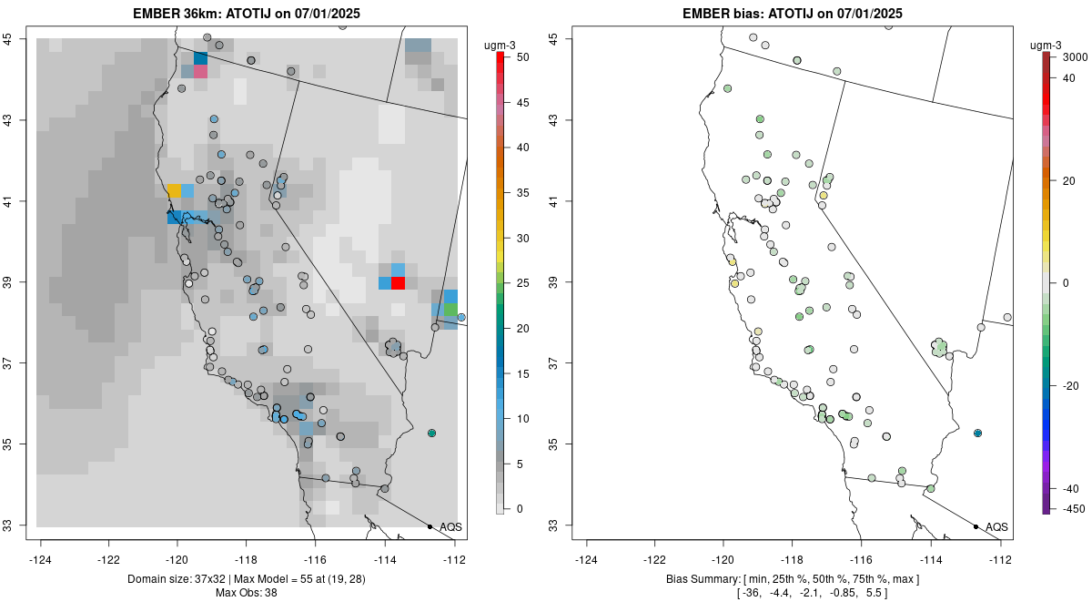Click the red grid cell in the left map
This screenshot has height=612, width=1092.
398,283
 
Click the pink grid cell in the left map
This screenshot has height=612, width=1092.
200,71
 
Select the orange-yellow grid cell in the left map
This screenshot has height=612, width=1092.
174,191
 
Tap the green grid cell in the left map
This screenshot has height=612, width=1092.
450,310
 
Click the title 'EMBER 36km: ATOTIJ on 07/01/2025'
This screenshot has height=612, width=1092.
252,13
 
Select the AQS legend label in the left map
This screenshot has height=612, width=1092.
450,526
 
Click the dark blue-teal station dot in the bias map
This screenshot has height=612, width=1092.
977,433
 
